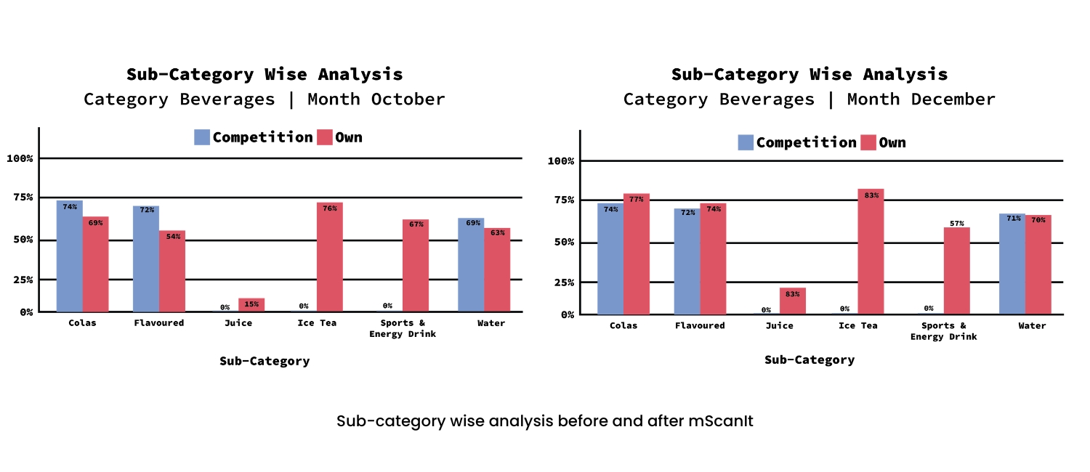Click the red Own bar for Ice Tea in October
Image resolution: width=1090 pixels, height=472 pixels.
329,257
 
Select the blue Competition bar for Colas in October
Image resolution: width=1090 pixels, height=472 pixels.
69,256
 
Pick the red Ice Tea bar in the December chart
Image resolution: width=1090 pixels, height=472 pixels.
871,251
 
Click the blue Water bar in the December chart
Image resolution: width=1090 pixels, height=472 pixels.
1012,264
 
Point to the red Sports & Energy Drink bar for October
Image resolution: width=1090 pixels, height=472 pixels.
415,266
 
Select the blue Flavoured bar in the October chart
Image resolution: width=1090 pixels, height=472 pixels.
145,259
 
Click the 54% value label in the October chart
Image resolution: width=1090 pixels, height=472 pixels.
172,236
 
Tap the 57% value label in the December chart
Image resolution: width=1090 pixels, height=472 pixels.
956,223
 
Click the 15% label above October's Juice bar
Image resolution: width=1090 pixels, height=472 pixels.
251,304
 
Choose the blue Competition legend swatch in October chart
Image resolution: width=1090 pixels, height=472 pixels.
202,137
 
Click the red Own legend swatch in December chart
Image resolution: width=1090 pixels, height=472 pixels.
868,142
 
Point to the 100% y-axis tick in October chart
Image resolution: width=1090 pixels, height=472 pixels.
20,158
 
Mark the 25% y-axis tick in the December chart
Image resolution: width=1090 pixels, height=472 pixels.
562,282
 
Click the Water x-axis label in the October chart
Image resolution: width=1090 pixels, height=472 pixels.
490,323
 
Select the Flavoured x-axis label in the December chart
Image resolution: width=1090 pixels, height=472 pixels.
699,325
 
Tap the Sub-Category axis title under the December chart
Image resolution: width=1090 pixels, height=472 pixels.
809,359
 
